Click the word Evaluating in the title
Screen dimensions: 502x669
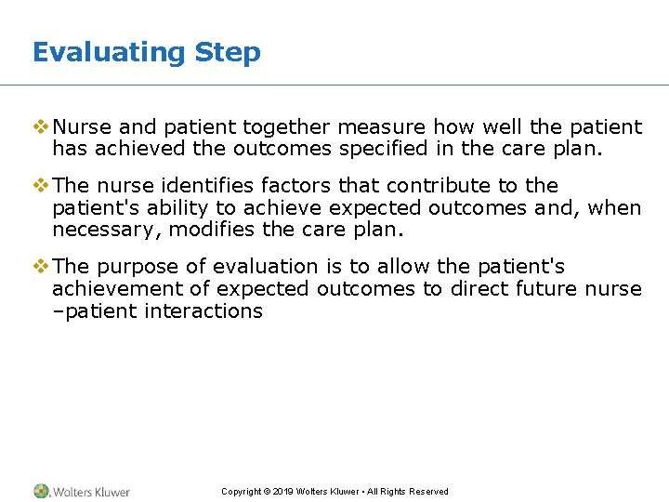pos(109,52)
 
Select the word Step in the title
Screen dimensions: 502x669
pos(228,52)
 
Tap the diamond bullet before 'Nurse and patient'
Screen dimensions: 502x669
pos(41,126)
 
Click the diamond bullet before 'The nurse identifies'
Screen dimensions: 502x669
pos(41,185)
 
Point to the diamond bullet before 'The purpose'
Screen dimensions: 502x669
pos(41,267)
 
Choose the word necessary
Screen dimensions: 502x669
pos(101,230)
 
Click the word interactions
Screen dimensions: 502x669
pos(204,311)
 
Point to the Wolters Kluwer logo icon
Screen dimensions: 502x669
pos(42,491)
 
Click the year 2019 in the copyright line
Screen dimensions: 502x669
pos(282,492)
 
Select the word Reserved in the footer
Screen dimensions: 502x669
pos(428,492)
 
